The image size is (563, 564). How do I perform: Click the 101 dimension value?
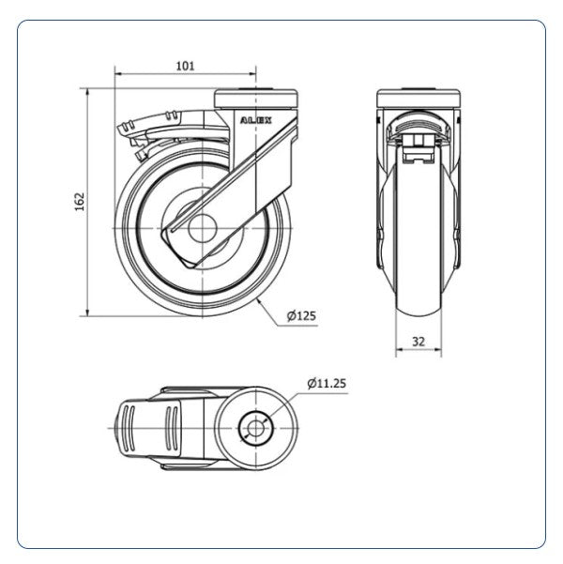point(185,66)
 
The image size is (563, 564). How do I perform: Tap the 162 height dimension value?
point(80,202)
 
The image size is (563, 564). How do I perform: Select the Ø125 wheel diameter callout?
point(301,316)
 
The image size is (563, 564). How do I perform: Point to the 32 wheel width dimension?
point(418,342)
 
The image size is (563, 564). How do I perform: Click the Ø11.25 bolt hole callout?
point(327,384)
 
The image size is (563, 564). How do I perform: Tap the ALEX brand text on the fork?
point(256,120)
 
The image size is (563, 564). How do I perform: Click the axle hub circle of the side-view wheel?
point(202,228)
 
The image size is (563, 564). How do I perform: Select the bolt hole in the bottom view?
point(255,428)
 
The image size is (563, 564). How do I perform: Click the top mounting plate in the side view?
point(256,99)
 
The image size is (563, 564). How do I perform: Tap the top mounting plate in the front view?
point(418,99)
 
